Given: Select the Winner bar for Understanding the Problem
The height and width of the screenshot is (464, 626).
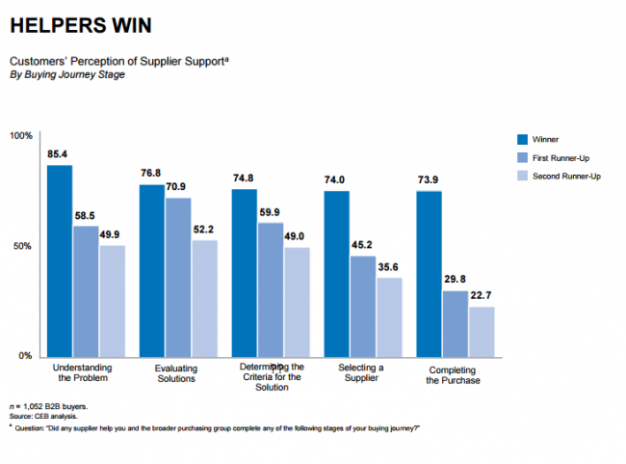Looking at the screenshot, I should coord(60,260).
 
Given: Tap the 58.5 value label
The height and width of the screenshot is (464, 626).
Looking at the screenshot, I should coord(86,217).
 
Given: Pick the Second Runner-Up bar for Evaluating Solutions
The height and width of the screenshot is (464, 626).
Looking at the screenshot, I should coord(204,298).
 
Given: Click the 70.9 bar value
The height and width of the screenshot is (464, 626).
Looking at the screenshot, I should coord(178,188).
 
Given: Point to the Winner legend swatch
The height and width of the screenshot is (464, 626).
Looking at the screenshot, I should coord(521,140).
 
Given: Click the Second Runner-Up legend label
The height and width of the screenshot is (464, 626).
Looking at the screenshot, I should coord(565,175).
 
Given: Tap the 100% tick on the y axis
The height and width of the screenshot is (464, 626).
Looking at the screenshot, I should coord(21,135).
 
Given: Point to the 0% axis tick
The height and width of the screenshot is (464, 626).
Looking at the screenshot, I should coord(26,356).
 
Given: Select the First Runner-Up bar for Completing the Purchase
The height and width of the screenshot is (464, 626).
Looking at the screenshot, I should coord(456,323).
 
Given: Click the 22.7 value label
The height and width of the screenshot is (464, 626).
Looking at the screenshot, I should coord(482,296).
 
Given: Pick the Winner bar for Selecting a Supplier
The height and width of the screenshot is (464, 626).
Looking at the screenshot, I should coord(336,273).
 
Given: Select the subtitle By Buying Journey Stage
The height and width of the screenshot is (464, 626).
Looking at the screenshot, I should coord(66,74).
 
